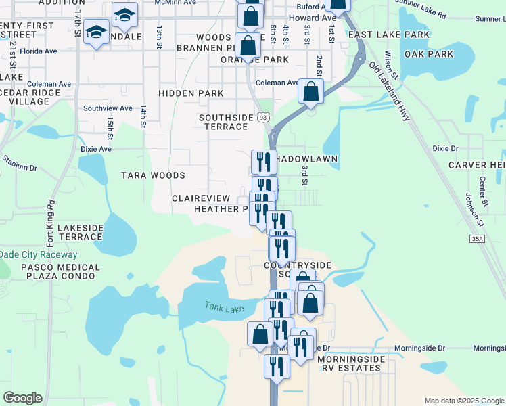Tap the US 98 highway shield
262,117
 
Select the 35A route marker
477,238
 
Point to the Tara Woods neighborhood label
153,175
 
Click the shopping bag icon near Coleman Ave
310,92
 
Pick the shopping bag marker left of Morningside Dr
260,334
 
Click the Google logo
22,398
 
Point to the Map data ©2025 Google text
463,401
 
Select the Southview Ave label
108,108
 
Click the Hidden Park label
191,93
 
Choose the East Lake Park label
399,35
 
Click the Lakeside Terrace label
80,232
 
